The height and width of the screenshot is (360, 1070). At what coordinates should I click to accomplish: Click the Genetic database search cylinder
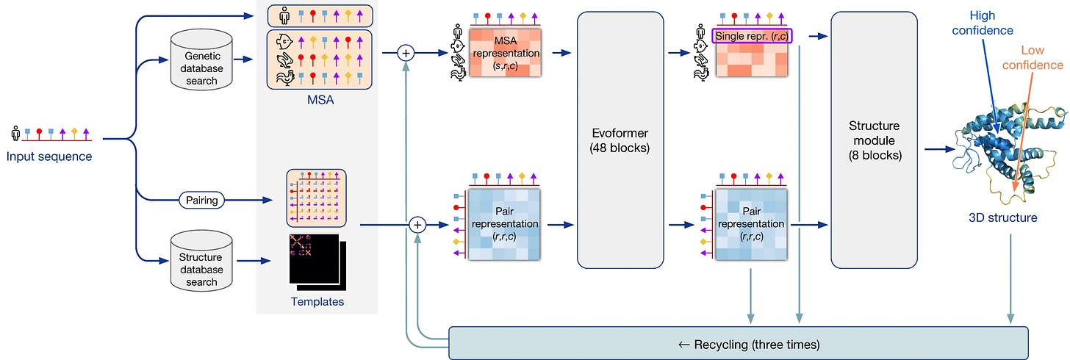[201, 60]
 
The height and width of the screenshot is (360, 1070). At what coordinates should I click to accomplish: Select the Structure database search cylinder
[201, 261]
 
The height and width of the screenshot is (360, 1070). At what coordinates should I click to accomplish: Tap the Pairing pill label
[201, 200]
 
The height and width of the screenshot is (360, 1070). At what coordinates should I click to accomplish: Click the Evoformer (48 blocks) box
[620, 140]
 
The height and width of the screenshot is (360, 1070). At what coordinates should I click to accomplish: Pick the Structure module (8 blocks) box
[875, 140]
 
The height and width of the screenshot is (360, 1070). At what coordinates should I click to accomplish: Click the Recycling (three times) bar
[739, 343]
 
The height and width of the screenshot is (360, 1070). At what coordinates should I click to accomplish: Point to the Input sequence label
[49, 156]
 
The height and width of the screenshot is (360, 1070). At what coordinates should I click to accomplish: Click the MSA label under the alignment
[320, 100]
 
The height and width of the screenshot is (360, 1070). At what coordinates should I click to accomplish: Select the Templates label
[317, 302]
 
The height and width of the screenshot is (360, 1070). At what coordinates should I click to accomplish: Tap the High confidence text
[983, 23]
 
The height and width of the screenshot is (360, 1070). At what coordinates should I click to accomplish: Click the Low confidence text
[1033, 57]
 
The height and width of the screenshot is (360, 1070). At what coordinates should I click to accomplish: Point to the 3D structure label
[1002, 217]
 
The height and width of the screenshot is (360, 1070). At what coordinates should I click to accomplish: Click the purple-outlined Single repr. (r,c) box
[752, 36]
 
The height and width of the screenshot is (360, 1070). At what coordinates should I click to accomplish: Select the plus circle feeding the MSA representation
[406, 53]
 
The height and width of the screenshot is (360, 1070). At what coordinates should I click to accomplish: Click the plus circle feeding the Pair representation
[417, 225]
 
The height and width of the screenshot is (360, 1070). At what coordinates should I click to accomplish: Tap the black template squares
[317, 262]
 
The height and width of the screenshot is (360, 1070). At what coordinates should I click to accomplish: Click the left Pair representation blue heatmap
[504, 224]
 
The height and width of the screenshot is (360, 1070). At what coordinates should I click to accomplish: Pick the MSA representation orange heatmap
[506, 52]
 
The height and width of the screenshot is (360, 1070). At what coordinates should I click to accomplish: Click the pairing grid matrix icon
[316, 198]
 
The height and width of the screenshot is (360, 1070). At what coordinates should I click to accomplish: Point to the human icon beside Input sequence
[15, 133]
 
